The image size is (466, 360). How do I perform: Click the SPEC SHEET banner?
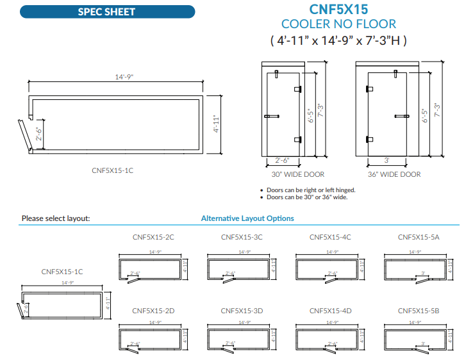pyautogui.click(x=106, y=12)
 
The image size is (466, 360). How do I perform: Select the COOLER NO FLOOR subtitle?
pyautogui.click(x=338, y=24)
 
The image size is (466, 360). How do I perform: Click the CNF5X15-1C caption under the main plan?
pyautogui.click(x=112, y=170)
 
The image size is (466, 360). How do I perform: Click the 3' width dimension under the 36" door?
pyautogui.click(x=387, y=161)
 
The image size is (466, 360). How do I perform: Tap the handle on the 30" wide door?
pyautogui.click(x=271, y=116)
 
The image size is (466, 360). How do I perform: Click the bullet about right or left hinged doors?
pyautogui.click(x=310, y=190)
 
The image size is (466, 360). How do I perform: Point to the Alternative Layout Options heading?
pyautogui.click(x=247, y=218)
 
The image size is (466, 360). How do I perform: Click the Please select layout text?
pyautogui.click(x=56, y=218)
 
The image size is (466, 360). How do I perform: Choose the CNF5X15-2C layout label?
pyautogui.click(x=153, y=237)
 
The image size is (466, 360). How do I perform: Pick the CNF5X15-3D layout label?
pyautogui.click(x=242, y=311)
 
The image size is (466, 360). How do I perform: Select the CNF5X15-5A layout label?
pyautogui.click(x=419, y=237)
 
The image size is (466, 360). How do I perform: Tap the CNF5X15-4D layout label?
pyautogui.click(x=330, y=311)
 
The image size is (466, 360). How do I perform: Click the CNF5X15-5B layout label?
pyautogui.click(x=419, y=311)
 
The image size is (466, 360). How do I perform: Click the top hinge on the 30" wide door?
pyautogui.click(x=297, y=90)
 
